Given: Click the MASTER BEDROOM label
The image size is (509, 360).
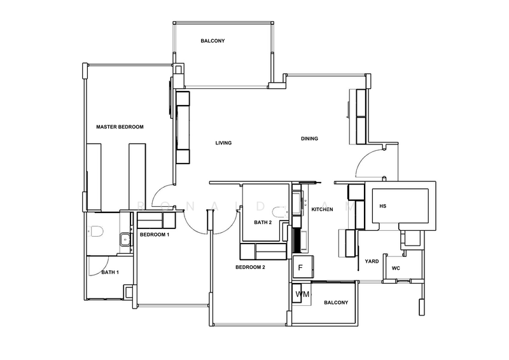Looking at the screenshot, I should [120, 127].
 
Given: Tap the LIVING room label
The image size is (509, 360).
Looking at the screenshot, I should [223, 143].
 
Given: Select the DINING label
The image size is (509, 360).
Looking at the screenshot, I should [309, 139].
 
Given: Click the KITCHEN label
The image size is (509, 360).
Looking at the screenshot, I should [322, 209].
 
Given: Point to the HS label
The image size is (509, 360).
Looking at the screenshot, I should [382, 206].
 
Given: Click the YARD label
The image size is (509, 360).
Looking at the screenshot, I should [372, 261].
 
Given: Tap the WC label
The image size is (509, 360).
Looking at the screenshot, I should [395, 268].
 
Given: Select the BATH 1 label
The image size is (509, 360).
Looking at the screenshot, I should [109, 273].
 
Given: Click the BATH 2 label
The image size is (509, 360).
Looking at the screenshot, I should [263, 223].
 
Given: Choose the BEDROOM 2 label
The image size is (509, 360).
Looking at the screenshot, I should [250, 268].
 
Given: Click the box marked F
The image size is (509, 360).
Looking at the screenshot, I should [301, 267].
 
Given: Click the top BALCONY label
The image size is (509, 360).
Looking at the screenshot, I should [213, 41].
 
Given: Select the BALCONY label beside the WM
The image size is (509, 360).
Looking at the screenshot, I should [335, 303].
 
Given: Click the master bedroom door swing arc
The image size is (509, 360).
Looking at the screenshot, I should [162, 194].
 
